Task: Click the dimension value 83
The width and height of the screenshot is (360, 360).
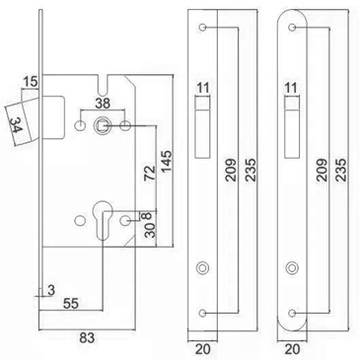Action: click(x=87, y=337)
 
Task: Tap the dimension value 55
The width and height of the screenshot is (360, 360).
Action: click(x=71, y=304)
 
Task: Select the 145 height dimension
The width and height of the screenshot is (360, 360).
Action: click(x=166, y=161)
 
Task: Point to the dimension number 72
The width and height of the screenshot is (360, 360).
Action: click(x=150, y=173)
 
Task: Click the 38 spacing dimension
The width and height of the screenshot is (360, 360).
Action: click(x=103, y=104)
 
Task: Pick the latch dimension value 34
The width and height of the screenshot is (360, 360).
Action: click(x=15, y=125)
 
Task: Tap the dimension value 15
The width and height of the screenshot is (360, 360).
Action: click(x=31, y=82)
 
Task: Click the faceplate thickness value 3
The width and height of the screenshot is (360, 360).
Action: click(x=51, y=290)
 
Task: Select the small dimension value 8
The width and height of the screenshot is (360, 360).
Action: click(x=147, y=216)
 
